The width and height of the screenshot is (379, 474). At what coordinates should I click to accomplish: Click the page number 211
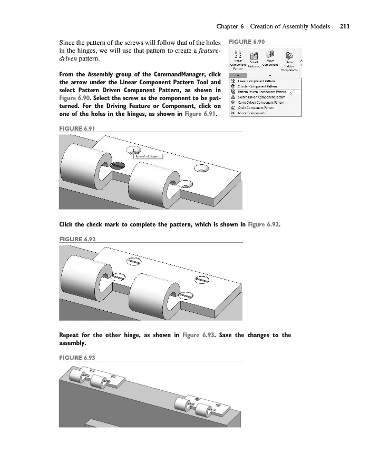(x=345, y=26)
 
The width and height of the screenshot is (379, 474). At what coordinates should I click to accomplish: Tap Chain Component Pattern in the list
(x=256, y=107)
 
